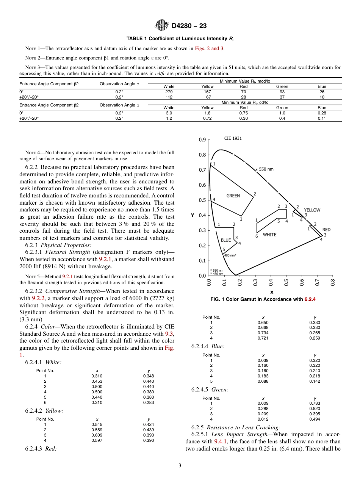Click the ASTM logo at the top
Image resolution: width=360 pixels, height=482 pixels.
pos(162,26)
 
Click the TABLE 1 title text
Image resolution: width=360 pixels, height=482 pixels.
pos(180,39)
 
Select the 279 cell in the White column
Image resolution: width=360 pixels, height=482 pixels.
pos(169,92)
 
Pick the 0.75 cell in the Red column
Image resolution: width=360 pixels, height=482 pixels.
pos(244,113)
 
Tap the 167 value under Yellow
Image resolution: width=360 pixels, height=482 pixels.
pos(207,92)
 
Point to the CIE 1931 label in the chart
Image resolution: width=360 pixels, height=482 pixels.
pos(233,139)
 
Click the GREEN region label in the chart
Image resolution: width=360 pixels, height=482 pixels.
pos(233,196)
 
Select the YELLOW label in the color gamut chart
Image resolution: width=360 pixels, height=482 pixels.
pos(312,210)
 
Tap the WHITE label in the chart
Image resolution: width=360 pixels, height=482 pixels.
pos(269,235)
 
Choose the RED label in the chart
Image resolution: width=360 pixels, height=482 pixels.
pos(326,230)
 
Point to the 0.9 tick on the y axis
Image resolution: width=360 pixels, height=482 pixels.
pos(202,140)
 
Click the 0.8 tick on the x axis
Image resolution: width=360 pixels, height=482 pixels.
pos(333,282)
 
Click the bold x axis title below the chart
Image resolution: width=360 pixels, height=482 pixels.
pos(271,292)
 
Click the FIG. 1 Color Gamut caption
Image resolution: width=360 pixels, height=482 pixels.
pos(263,299)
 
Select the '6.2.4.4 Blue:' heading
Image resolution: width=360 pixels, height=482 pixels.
pos(208,346)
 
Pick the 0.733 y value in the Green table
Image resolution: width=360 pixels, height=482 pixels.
pos(315,403)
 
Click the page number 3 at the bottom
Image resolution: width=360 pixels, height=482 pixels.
pos(180,466)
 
